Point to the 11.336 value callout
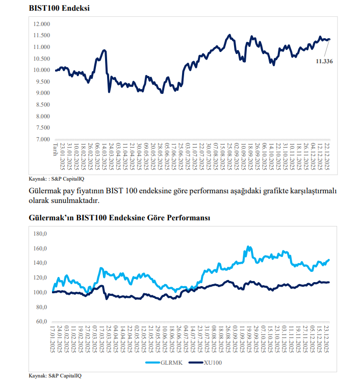pyautogui.click(x=324, y=61)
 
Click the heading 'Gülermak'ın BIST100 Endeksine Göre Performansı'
pyautogui.click(x=120, y=218)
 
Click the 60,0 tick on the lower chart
pyautogui.click(x=41, y=321)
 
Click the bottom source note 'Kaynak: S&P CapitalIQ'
pyautogui.click(x=54, y=375)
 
